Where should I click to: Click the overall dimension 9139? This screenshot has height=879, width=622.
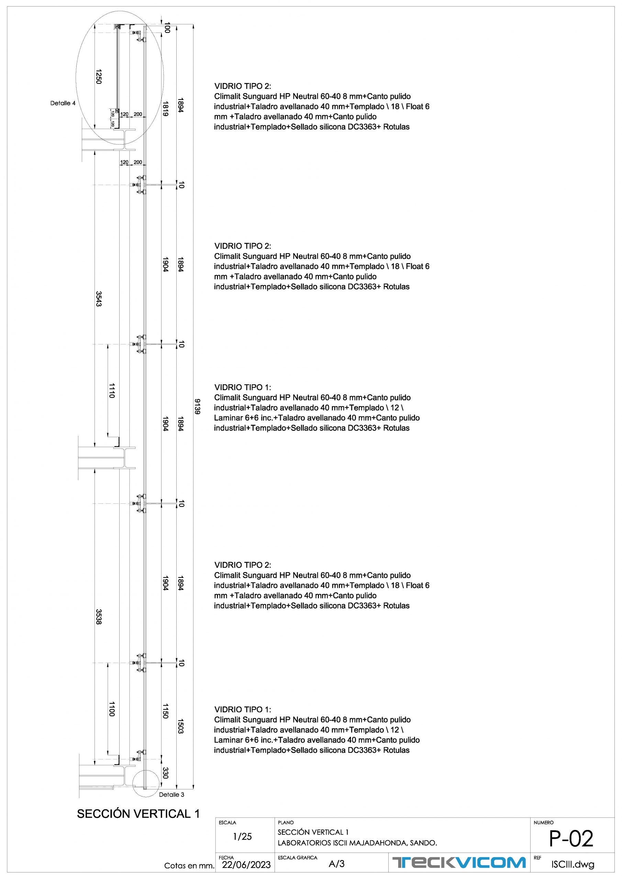click(197, 406)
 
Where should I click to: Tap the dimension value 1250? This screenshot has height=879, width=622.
click(99, 77)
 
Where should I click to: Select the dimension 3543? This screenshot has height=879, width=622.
click(99, 299)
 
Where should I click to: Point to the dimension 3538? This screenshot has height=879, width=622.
click(99, 617)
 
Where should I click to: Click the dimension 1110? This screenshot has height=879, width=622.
click(112, 390)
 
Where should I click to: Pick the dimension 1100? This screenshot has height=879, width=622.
click(112, 709)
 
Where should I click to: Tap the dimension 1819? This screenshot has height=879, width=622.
click(165, 109)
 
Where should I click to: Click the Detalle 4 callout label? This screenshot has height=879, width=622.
click(63, 103)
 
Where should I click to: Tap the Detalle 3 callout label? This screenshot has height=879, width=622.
click(171, 795)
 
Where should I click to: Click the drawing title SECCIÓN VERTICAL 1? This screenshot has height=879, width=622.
click(138, 814)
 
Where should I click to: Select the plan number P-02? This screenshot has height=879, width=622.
click(571, 838)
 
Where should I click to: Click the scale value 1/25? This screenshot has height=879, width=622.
click(243, 836)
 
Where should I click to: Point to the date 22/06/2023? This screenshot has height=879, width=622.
click(246, 865)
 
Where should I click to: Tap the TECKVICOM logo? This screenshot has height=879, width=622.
click(459, 863)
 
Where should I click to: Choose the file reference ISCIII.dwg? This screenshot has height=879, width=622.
click(573, 865)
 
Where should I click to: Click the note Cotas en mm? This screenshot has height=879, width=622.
click(189, 866)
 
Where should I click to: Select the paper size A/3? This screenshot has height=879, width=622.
click(336, 864)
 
